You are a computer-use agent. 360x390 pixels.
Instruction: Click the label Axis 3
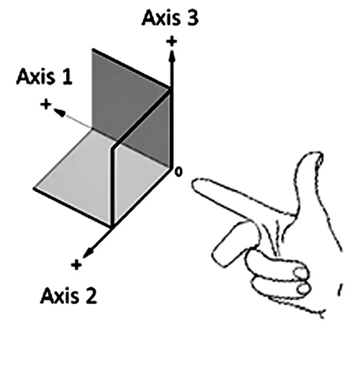click(x=171, y=18)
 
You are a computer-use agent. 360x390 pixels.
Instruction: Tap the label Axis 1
click(x=45, y=76)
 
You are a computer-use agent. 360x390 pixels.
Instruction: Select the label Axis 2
click(x=68, y=296)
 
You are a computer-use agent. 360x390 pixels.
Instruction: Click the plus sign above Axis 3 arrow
click(x=172, y=41)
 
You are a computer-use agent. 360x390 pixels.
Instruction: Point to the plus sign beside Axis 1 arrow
click(x=46, y=104)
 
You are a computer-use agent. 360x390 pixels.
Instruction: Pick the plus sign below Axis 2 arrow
click(x=76, y=265)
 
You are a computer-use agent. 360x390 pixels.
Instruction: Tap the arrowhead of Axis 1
click(x=60, y=112)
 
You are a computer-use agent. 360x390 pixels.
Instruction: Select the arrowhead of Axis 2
click(x=89, y=253)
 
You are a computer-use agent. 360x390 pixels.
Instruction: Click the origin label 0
click(x=179, y=172)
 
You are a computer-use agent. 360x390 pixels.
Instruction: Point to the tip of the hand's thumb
click(x=317, y=154)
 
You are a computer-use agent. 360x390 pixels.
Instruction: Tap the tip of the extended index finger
click(x=194, y=184)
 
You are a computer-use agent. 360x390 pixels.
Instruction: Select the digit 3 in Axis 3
click(x=192, y=18)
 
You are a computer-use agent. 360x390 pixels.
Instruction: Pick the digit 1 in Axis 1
click(x=66, y=76)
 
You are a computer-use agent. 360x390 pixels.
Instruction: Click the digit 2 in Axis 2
click(x=90, y=296)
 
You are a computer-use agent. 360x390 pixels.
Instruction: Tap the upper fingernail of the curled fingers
click(x=300, y=273)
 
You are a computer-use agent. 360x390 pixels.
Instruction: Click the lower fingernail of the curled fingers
click(x=304, y=289)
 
